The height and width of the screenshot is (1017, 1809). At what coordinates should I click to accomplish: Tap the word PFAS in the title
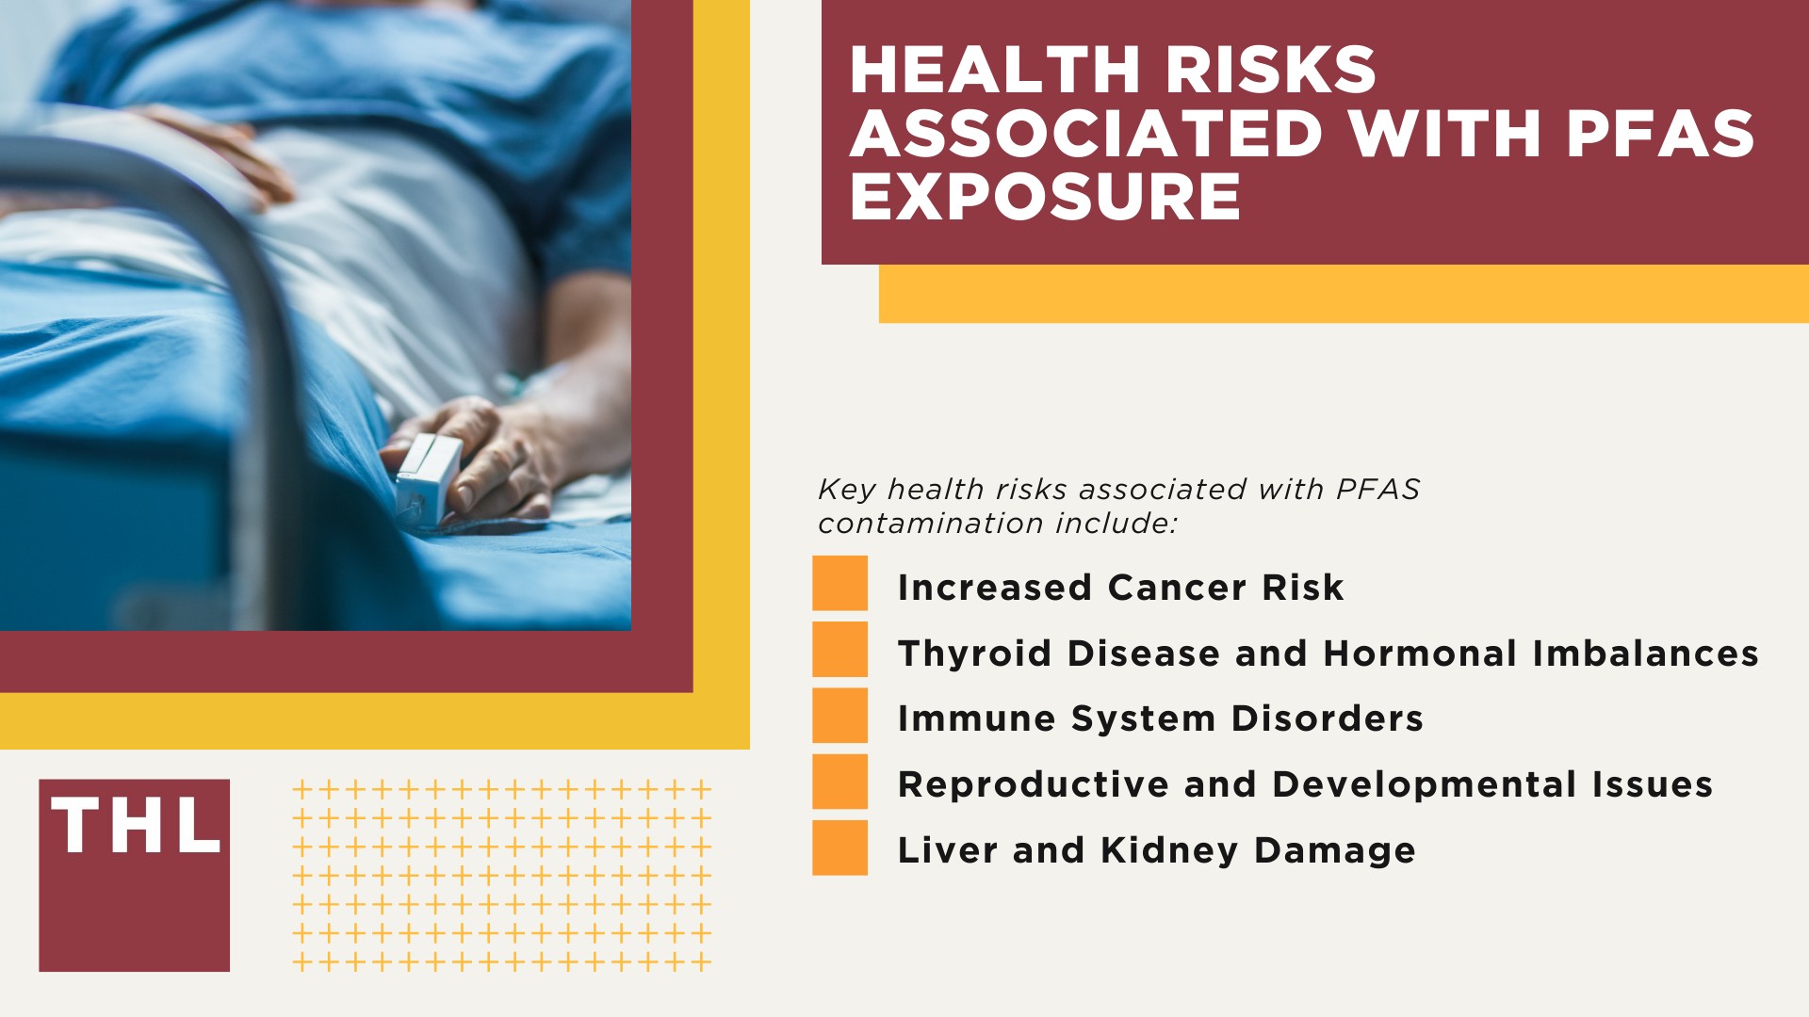coord(1660,134)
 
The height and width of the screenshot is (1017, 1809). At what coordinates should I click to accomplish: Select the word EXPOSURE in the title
coord(1045,197)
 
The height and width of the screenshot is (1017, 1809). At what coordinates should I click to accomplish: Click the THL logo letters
coord(136,826)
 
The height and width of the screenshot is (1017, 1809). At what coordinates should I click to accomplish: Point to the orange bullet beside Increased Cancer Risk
coord(839,583)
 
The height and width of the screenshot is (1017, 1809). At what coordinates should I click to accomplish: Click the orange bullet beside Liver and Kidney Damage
coord(839,847)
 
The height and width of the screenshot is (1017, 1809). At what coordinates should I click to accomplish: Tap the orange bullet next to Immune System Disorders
coord(839,716)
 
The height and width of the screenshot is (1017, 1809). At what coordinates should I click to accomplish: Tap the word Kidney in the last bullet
coord(1169,850)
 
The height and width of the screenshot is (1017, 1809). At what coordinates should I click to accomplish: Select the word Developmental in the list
coord(1425,784)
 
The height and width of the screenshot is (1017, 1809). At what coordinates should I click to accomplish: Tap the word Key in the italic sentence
coord(846,490)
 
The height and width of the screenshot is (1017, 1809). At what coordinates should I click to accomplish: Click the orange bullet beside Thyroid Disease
coord(839,649)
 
